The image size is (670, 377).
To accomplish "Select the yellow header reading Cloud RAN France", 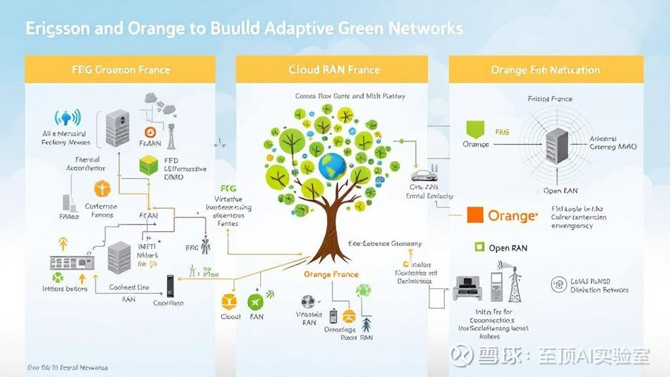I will (x=334, y=69).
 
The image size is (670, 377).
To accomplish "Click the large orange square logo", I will (x=474, y=215).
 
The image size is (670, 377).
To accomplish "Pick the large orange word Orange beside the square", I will (x=513, y=216).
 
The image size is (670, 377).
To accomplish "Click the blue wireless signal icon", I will (x=69, y=118).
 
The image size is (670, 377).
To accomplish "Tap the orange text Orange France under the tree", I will (x=331, y=275).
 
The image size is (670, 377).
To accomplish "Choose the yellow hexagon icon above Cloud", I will (x=230, y=301).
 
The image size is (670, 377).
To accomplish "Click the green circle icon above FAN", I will (x=256, y=302).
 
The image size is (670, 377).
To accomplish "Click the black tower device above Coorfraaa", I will (x=171, y=284).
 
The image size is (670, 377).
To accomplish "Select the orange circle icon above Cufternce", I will (x=101, y=189).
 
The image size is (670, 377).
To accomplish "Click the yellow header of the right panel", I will (x=546, y=69).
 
